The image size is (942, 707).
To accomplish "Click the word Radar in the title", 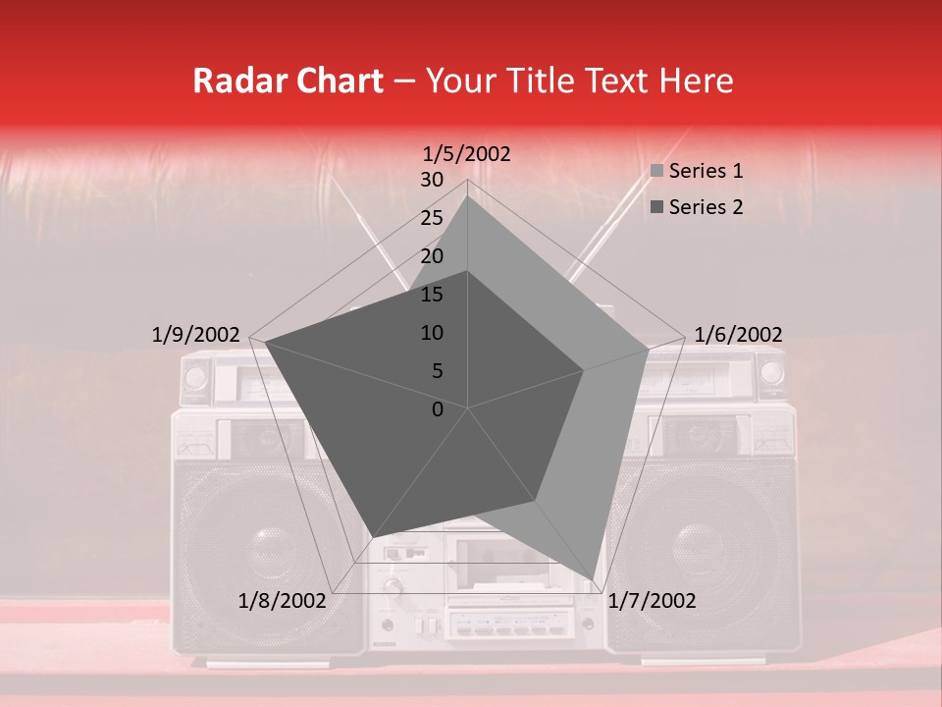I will coord(233,81).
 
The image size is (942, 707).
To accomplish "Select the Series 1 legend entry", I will coord(706,171).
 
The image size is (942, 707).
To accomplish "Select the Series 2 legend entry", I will coord(706,207).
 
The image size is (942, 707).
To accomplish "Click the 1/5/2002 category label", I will coord(467,153).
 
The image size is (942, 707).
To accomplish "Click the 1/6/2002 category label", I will coord(738,335).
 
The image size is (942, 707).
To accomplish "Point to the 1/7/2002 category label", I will coord(652,601).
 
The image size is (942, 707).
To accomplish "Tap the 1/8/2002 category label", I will coord(282,601).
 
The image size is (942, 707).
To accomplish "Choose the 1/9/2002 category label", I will coord(196,335).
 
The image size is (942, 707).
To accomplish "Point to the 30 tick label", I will coord(431,180).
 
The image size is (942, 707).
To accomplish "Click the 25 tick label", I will coord(431,218).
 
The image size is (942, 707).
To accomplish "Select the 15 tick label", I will coord(431,295).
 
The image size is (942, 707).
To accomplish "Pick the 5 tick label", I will coord(436,371).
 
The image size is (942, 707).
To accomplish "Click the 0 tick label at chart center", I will coord(438,409).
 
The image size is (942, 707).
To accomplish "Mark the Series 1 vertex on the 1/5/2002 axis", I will coord(467,195).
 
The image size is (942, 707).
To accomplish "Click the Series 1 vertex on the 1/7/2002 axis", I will coord(593,579).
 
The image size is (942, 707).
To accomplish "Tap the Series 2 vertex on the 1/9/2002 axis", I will coord(265,342).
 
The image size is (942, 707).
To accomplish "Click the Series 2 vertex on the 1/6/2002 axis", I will coord(584,370).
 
